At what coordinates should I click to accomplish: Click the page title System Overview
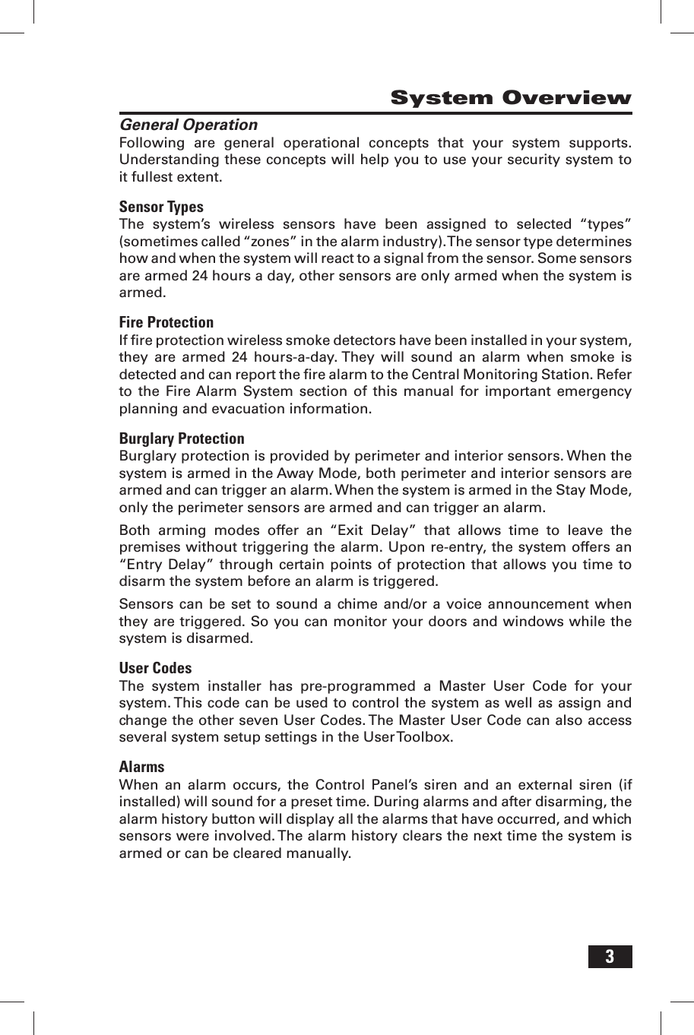click(x=510, y=98)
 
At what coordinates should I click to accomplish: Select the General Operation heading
click(x=189, y=125)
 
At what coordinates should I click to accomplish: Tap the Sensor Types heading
click(x=161, y=207)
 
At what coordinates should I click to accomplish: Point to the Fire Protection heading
click(x=166, y=322)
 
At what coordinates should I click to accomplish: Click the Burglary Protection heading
click(x=182, y=438)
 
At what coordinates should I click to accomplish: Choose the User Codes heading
click(x=155, y=668)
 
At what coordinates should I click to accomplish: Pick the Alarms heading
click(x=141, y=767)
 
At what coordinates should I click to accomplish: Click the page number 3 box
click(x=610, y=957)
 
